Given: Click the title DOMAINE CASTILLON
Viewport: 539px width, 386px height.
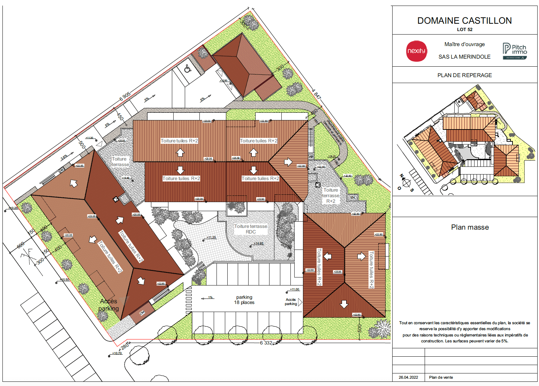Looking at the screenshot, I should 464,21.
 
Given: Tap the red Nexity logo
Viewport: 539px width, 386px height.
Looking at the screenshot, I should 417,51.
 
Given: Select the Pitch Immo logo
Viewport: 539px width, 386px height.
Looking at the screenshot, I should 515,51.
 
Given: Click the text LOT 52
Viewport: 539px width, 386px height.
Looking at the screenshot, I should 464,30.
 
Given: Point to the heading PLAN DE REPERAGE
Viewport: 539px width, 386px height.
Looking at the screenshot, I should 464,75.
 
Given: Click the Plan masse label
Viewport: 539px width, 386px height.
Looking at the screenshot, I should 470,228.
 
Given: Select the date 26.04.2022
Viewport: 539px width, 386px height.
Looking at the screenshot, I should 408,377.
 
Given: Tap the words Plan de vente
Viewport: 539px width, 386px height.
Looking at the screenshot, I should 441,377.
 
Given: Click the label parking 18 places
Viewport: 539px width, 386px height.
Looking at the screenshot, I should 244,300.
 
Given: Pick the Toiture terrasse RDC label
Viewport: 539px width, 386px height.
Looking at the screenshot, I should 251,229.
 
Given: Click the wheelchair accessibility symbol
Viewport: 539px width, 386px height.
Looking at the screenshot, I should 188,68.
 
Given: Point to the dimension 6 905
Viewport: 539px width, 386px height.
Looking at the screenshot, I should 125,97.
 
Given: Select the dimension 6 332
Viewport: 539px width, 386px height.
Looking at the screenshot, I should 266,343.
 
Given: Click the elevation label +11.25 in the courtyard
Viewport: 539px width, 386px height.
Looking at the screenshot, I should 211,237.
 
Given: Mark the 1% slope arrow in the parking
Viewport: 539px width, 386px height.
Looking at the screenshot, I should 208,298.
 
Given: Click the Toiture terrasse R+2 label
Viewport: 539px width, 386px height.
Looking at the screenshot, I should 331,195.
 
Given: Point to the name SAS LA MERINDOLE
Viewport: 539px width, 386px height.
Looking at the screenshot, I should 464,57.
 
